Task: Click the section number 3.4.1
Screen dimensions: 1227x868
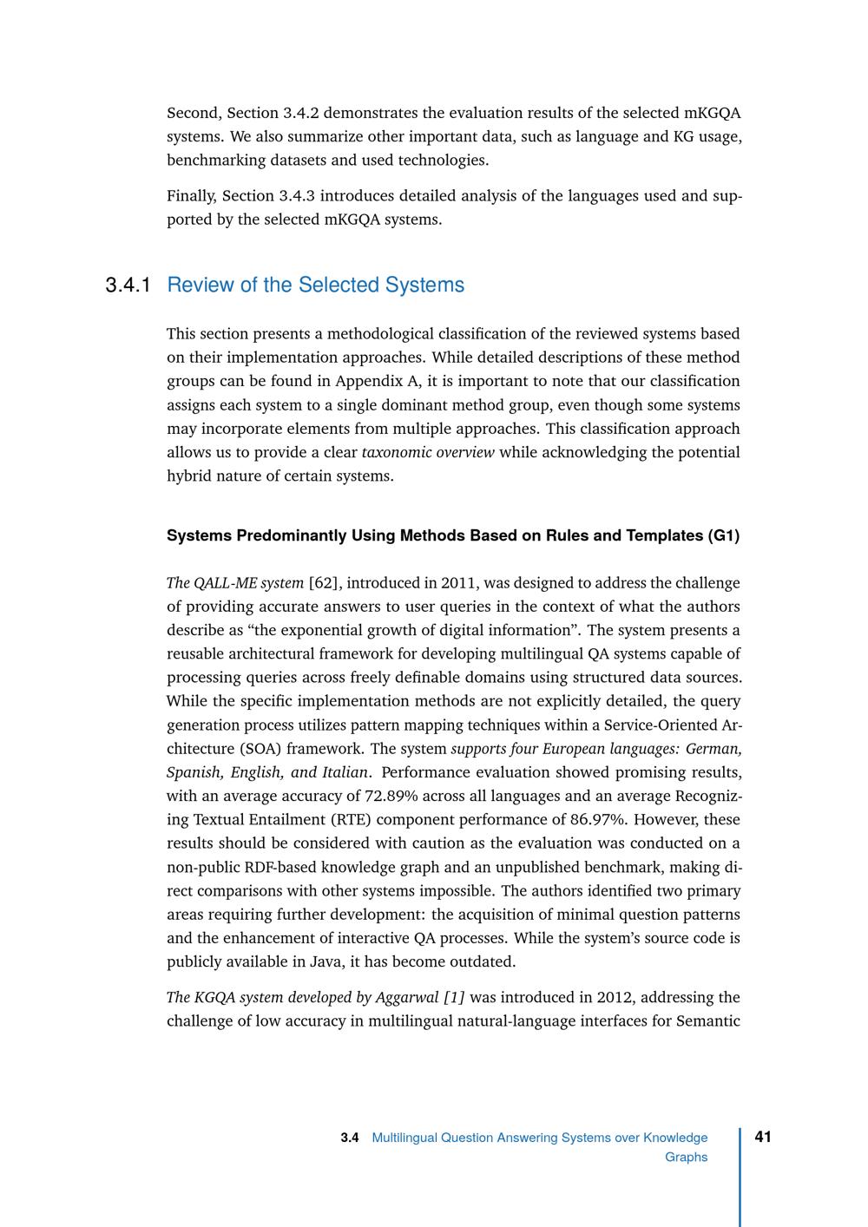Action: point(128,285)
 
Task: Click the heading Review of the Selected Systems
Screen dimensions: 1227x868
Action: point(315,285)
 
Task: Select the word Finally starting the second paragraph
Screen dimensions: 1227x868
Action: point(191,195)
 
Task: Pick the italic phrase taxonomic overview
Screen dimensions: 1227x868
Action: point(428,452)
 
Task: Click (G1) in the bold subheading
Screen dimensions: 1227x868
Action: point(724,535)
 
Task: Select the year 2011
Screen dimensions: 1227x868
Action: point(457,582)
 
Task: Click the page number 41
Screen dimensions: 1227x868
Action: point(764,1137)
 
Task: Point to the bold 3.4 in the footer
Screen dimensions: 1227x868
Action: point(350,1138)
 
